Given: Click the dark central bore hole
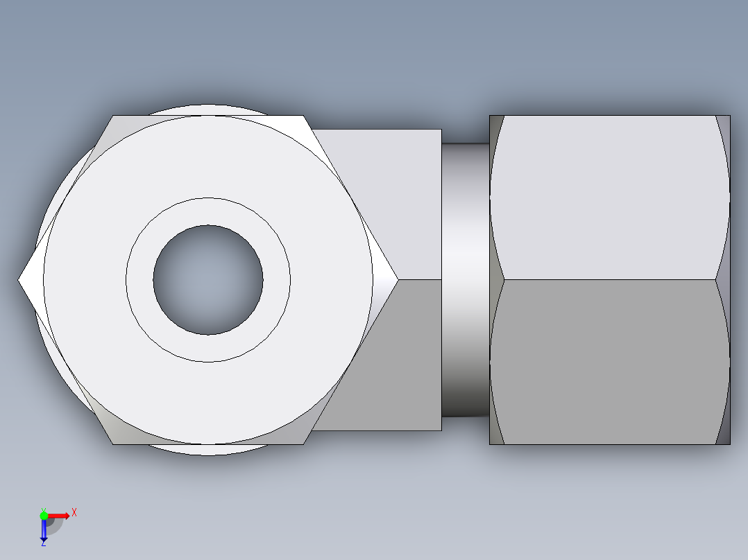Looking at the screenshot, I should tap(208, 280).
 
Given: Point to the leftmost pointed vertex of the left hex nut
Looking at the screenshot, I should tap(19, 280).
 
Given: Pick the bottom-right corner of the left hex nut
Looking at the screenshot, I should tap(303, 444).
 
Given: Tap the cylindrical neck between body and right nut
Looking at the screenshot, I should tap(465, 280).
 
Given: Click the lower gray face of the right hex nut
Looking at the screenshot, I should tap(611, 360).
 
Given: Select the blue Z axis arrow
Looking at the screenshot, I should tap(44, 530).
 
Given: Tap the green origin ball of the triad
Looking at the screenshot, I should tap(44, 515).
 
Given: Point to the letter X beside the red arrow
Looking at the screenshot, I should tap(74, 513).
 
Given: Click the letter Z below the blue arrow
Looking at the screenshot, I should tap(44, 543).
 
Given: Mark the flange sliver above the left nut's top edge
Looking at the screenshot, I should tap(208, 110).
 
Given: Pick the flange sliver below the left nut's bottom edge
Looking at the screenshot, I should tap(208, 450).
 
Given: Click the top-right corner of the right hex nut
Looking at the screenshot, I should tap(729, 116).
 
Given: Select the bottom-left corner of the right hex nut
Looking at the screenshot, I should tap(491, 444).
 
